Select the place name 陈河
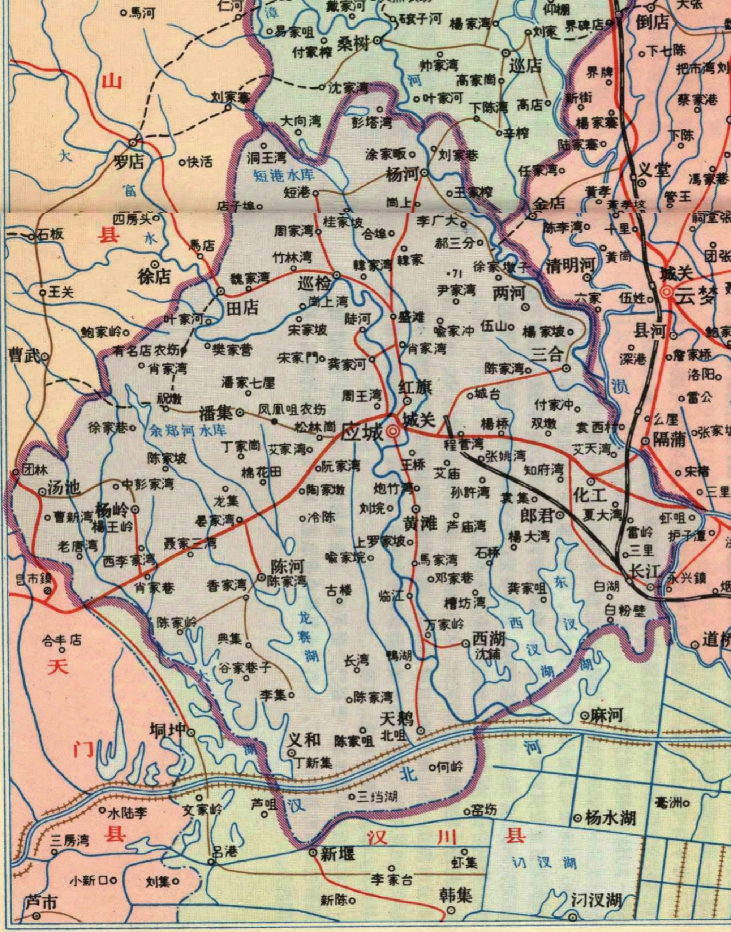288,567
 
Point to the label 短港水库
284,175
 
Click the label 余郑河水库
188,431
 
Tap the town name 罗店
128,162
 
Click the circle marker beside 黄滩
416,509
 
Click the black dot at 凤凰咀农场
274,422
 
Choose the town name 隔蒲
670,440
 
